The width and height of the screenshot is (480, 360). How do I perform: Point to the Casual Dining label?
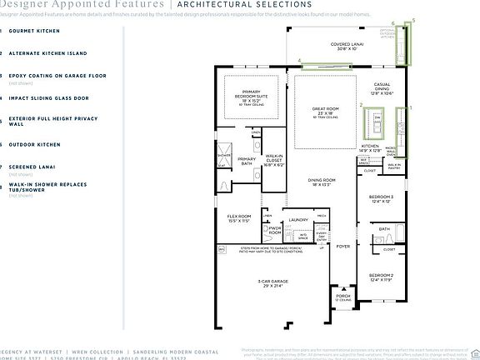coord(382,87)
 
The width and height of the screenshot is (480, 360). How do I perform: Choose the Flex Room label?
coord(239,218)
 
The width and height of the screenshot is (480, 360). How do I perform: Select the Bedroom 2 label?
coord(381,276)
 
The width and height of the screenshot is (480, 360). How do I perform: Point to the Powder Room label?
coord(275,231)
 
